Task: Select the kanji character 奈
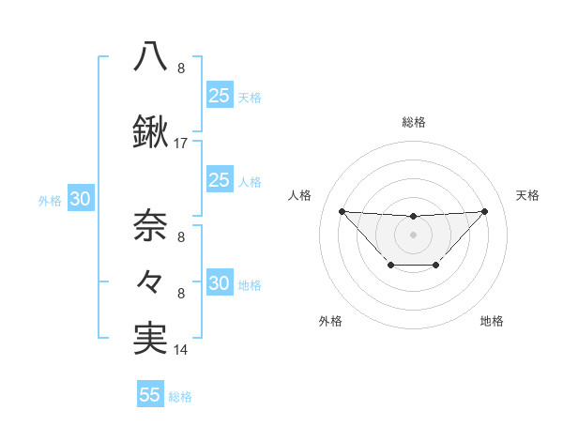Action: pyautogui.click(x=150, y=225)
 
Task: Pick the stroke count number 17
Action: pyautogui.click(x=181, y=144)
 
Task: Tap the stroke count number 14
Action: pyautogui.click(x=181, y=351)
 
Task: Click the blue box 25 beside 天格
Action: pyautogui.click(x=219, y=95)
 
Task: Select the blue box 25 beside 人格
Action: pyautogui.click(x=219, y=180)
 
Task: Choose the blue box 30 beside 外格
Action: pyautogui.click(x=80, y=200)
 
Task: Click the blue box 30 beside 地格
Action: pyautogui.click(x=219, y=284)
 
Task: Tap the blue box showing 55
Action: pyautogui.click(x=150, y=395)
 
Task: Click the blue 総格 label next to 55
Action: pyautogui.click(x=180, y=397)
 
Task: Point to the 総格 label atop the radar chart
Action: pyautogui.click(x=413, y=122)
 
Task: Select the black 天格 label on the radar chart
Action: pyautogui.click(x=528, y=195)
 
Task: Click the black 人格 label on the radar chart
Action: pyautogui.click(x=300, y=195)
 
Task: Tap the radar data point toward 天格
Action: pyautogui.click(x=484, y=211)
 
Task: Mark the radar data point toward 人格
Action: pyautogui.click(x=342, y=211)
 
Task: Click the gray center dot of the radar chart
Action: pyautogui.click(x=413, y=234)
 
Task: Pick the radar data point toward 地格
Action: pyautogui.click(x=436, y=266)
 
